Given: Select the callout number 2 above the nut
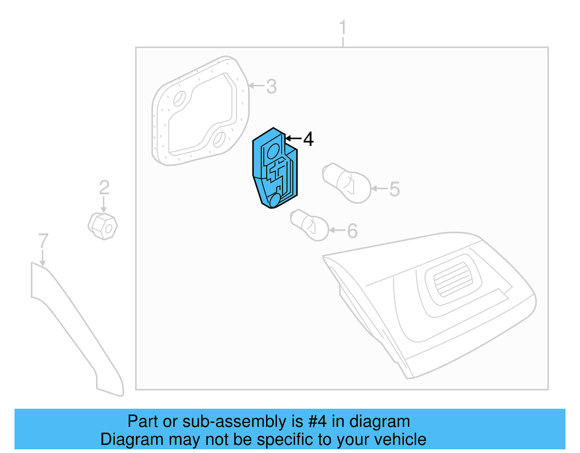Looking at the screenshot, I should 104,188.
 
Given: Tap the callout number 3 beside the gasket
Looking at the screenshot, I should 272,87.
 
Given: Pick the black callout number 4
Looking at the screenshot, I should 308,139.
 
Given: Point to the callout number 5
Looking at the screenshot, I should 394,189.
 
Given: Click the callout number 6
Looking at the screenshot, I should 352,231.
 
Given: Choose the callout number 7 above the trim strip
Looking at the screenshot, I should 43,241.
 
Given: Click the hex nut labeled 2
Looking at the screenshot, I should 103,226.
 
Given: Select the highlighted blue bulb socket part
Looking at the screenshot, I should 274,169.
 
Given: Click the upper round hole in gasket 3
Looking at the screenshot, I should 179,99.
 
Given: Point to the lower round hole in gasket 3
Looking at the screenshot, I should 219,140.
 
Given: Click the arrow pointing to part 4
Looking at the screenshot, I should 293,138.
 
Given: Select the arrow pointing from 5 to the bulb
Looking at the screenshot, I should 380,189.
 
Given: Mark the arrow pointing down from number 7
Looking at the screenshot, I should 43,258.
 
